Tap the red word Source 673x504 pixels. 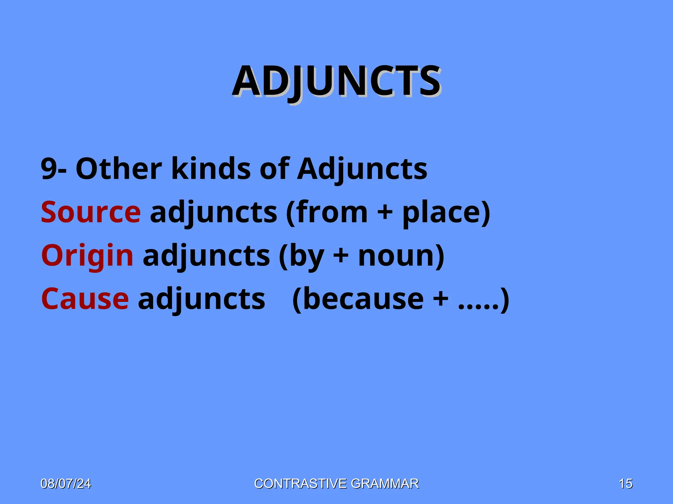pyautogui.click(x=91, y=212)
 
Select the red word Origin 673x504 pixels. pyautogui.click(x=87, y=256)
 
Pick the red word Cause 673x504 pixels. pyautogui.click(x=85, y=299)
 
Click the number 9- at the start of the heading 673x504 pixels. pyautogui.click(x=54, y=169)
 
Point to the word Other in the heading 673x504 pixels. pyautogui.click(x=119, y=169)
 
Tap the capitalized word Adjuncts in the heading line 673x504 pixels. pyautogui.click(x=362, y=169)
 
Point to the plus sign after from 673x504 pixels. pyautogui.click(x=385, y=213)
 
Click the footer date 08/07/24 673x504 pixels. pyautogui.click(x=66, y=484)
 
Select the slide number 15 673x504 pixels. pyautogui.click(x=625, y=484)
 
